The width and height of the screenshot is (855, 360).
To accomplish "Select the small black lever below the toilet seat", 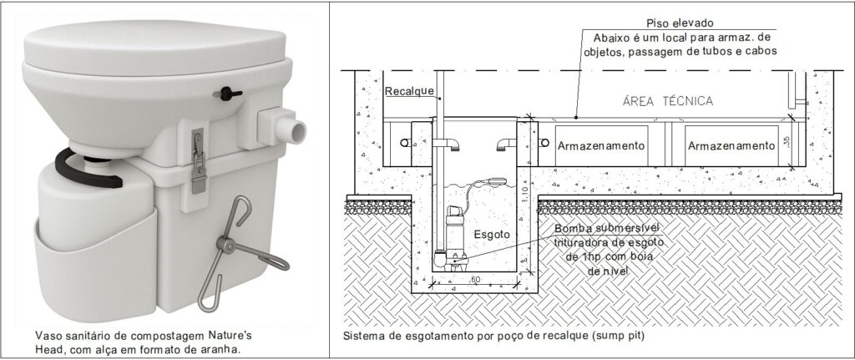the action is tap(224, 94).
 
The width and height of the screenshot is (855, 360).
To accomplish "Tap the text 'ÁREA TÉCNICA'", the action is tap(667, 101).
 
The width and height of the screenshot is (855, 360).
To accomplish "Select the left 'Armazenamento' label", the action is tap(601, 145).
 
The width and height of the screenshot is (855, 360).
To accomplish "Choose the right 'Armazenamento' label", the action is tap(731, 145).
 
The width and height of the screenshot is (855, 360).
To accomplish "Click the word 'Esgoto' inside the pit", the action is tap(492, 235).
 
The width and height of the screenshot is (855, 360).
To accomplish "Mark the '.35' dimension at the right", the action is tap(785, 142).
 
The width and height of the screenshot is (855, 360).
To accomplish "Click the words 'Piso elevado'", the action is tap(680, 23).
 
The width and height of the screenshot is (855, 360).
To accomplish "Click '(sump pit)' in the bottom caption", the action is tap(617, 336).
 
